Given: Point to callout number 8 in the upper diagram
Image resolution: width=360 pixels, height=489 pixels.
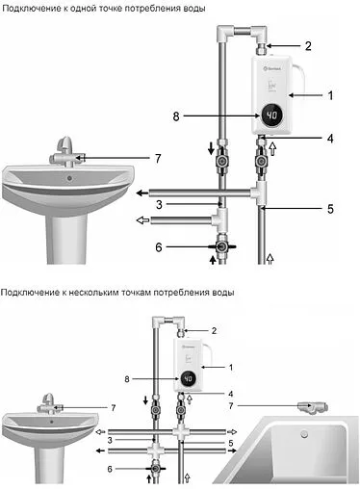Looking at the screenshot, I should [176, 117].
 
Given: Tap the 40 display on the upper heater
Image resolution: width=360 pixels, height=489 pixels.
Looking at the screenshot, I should [272, 116].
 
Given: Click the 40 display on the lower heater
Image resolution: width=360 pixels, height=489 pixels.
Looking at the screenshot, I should [188, 378].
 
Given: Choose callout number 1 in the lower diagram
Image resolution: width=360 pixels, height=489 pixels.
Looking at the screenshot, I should [230, 367].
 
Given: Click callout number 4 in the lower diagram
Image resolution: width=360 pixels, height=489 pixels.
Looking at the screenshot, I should [230, 393].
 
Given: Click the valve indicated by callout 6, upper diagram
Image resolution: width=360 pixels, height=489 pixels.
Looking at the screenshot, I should [220, 248].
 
